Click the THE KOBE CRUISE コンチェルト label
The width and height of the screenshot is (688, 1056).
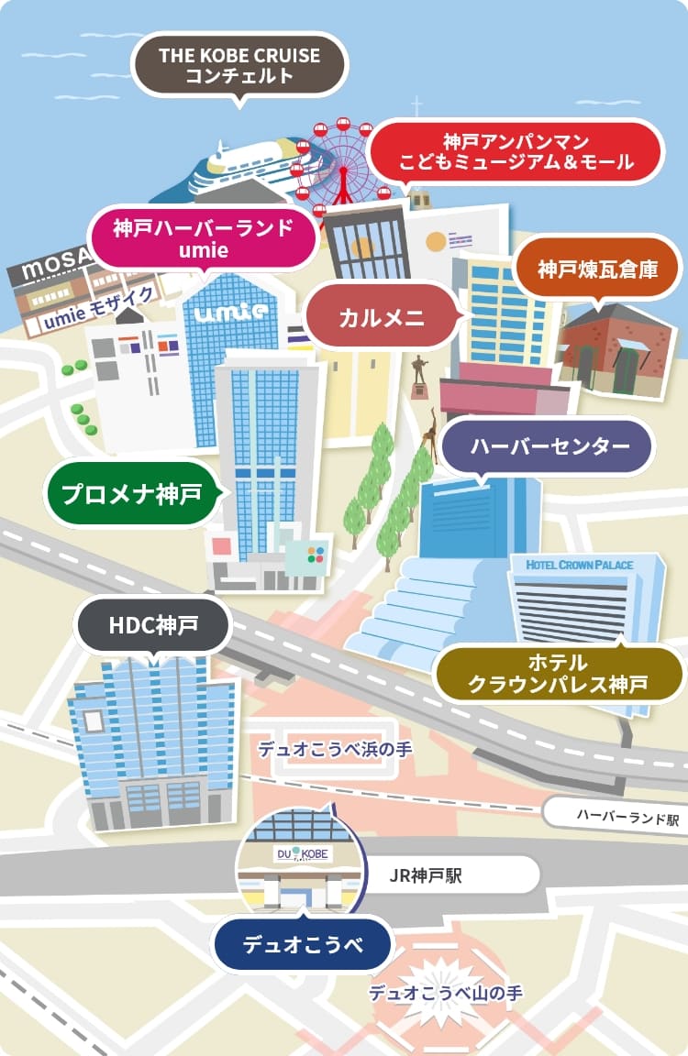click(239, 65)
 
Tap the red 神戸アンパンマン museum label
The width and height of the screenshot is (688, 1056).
click(516, 153)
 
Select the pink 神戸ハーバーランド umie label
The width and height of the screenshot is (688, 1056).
click(203, 237)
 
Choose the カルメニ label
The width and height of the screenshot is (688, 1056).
click(381, 318)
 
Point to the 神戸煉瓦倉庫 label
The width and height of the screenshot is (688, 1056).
click(596, 270)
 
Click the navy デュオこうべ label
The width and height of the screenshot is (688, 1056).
click(303, 944)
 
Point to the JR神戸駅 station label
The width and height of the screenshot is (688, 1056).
click(427, 875)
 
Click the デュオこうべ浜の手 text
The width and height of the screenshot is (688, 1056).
click(334, 749)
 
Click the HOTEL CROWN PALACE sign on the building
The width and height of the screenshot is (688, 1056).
click(580, 566)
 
